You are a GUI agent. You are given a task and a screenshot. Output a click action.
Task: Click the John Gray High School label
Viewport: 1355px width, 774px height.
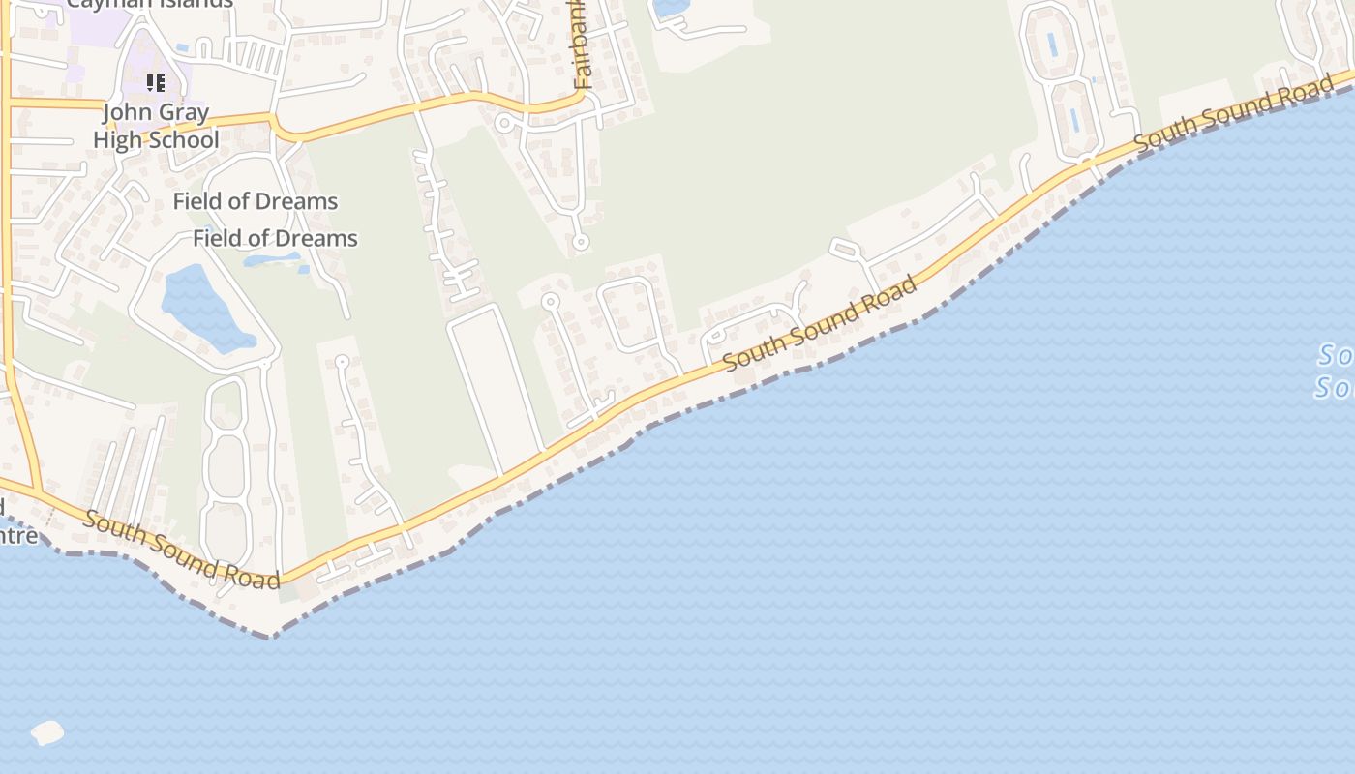coord(156,126)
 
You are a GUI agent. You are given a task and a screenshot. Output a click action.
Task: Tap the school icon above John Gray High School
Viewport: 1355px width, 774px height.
coord(155,83)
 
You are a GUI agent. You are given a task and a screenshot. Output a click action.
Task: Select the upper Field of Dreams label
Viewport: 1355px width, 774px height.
coord(256,201)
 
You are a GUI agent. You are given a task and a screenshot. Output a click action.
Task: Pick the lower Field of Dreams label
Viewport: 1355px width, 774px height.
coord(276,238)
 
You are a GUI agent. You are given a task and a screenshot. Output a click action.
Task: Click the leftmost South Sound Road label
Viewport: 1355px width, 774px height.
coord(181,550)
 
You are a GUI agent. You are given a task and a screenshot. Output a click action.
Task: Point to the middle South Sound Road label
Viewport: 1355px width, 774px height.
coord(820,323)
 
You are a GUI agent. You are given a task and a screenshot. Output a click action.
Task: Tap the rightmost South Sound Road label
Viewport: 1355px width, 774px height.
coord(1233,113)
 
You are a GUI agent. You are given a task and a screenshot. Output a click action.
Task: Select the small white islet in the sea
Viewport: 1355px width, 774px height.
coord(47,732)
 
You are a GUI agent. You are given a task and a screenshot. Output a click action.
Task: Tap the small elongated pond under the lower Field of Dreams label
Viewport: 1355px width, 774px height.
coord(271,259)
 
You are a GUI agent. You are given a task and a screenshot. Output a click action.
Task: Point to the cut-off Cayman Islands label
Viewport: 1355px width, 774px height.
coord(150,3)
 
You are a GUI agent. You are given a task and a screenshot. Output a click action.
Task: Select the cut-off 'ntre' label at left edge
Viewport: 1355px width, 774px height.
coord(17,534)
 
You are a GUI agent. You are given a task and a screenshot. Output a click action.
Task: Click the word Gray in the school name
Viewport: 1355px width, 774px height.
coord(183,112)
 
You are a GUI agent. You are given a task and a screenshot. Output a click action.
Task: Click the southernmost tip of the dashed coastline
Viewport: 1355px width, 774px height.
coord(273,637)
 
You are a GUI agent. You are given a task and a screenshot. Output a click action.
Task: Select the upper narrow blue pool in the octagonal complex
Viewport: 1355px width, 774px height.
coord(1052,45)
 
